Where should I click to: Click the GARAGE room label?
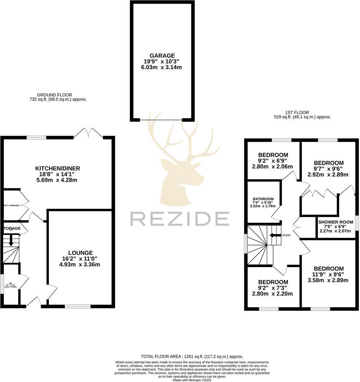162,56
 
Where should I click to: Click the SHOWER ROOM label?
336,222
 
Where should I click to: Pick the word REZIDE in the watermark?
179,219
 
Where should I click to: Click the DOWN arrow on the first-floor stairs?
276,235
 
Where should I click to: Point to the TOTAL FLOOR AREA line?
192,356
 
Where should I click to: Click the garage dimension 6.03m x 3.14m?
162,67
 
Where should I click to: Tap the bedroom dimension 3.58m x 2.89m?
329,280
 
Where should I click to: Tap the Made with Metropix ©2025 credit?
192,380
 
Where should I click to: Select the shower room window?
357,223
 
